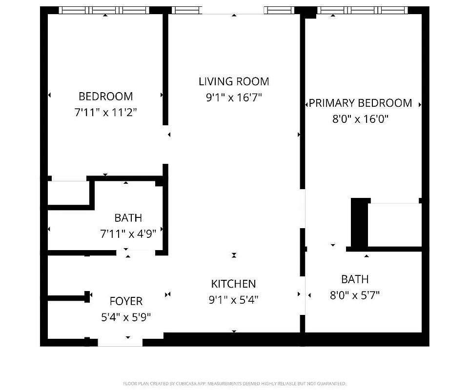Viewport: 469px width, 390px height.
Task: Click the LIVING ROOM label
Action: pyautogui.click(x=234, y=81)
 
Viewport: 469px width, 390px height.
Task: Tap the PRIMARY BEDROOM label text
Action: pyautogui.click(x=360, y=103)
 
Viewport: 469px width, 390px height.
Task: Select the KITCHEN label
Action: pyautogui.click(x=233, y=284)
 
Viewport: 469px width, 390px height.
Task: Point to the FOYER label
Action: pyautogui.click(x=126, y=301)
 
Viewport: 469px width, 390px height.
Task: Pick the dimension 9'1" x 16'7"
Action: pyautogui.click(x=234, y=97)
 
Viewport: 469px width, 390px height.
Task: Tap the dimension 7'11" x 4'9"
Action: pyautogui.click(x=128, y=234)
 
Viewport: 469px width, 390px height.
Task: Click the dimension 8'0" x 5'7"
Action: pyautogui.click(x=355, y=295)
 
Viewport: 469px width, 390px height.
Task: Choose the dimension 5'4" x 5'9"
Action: pyautogui.click(x=126, y=317)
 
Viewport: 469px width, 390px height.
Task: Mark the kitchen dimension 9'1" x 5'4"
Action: pyautogui.click(x=233, y=299)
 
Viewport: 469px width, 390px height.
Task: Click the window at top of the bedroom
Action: pyautogui.click(x=105, y=10)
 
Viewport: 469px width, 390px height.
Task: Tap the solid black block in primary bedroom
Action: pyautogui.click(x=359, y=223)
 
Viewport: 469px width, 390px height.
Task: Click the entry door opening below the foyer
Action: pyautogui.click(x=121, y=342)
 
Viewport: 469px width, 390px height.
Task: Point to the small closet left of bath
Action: pyautogui.click(x=68, y=193)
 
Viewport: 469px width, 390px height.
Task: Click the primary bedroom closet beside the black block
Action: pyautogui.click(x=394, y=225)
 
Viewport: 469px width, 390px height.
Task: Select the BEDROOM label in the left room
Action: pyautogui.click(x=105, y=97)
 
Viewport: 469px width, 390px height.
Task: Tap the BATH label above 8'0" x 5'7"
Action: pyautogui.click(x=355, y=279)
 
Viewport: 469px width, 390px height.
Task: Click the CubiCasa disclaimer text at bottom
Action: pyautogui.click(x=234, y=384)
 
